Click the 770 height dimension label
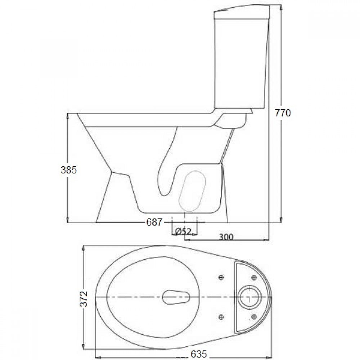283,113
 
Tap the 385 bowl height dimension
69,170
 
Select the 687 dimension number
154,222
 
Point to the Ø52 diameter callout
183,232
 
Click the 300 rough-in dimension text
226,237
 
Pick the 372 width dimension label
84,298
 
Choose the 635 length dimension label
199,354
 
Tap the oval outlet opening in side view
192,191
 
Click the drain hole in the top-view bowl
176,297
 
